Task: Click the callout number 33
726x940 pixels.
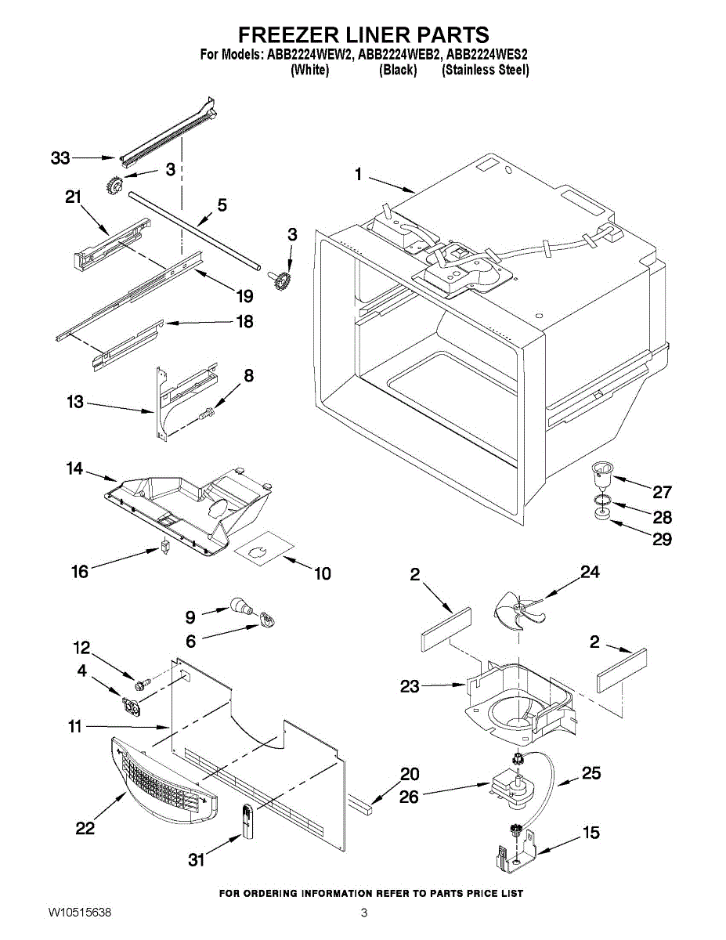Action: (60, 158)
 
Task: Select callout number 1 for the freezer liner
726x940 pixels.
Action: (359, 175)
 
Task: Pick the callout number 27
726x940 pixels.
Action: (663, 492)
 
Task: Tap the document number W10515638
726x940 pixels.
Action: (79, 913)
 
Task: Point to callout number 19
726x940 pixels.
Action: (244, 296)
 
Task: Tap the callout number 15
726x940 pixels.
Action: (591, 833)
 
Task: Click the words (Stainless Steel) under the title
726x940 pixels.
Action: (486, 70)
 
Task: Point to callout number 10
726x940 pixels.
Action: (322, 574)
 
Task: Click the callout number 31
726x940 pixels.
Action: (196, 860)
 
